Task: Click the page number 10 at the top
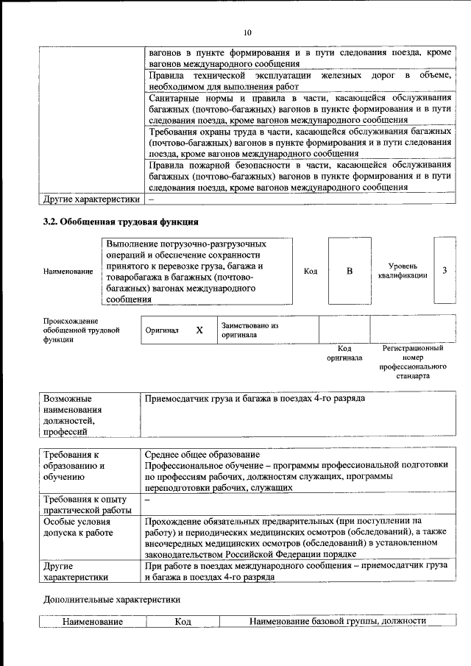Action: (247, 32)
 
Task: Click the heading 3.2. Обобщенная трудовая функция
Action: (121, 222)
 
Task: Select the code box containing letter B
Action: (350, 271)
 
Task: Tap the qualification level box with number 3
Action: (445, 270)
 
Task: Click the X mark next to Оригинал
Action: (199, 330)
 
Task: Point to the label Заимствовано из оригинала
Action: (250, 330)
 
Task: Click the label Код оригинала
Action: (344, 353)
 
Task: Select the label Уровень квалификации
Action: (403, 271)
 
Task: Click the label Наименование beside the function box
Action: (68, 272)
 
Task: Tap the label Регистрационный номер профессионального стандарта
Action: (413, 361)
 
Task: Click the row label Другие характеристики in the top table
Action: (91, 199)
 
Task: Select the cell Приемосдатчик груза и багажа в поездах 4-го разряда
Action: (255, 398)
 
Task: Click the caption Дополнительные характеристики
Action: (112, 599)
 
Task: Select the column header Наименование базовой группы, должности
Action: (338, 622)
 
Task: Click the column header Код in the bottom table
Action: (183, 622)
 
